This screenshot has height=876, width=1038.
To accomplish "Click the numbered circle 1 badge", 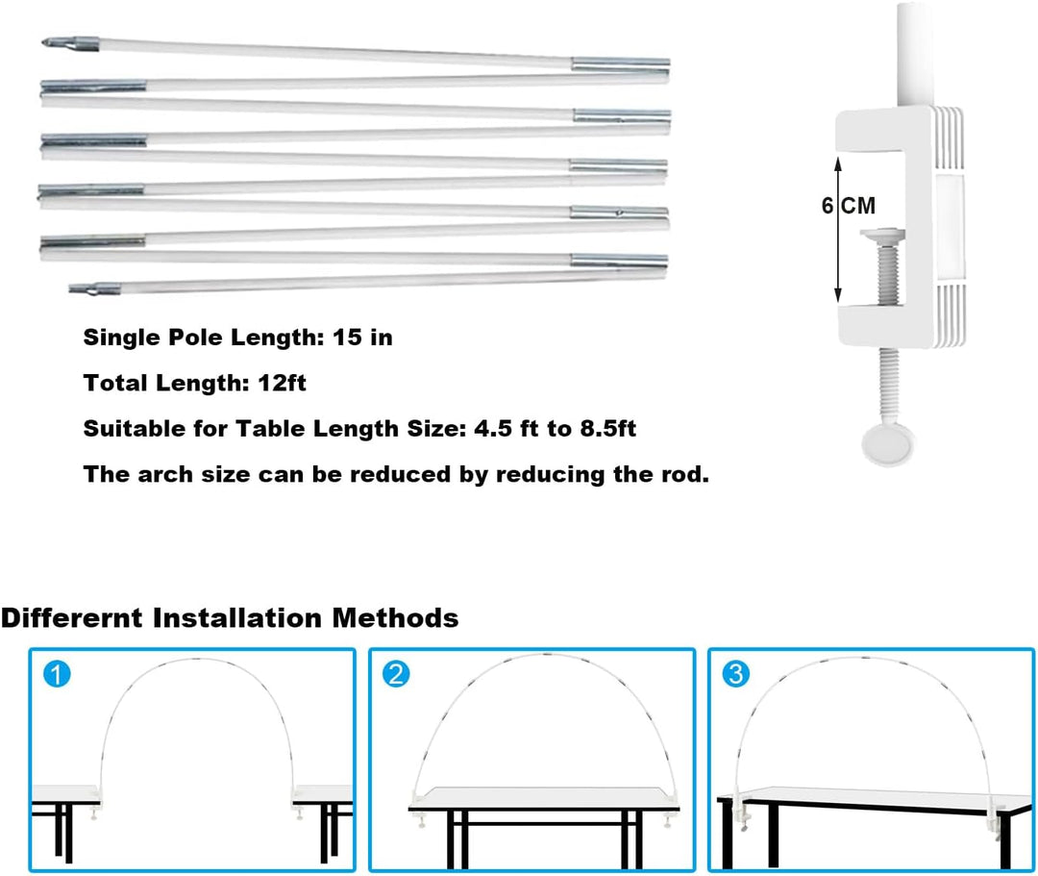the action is click(x=57, y=675).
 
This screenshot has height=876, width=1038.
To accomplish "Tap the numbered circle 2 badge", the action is click(x=396, y=674).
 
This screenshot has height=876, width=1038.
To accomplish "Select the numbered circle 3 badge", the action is click(x=735, y=674).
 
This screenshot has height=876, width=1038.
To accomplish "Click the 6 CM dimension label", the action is click(x=848, y=206).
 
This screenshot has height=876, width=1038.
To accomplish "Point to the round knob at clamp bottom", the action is click(x=887, y=444).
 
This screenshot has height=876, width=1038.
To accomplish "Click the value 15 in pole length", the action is click(x=348, y=337).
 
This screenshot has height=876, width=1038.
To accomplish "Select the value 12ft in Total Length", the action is click(x=282, y=383).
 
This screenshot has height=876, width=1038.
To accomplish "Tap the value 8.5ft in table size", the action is click(x=608, y=429).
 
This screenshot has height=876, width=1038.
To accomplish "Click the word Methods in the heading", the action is click(x=395, y=617).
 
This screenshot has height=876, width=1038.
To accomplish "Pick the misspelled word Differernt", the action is click(x=71, y=617).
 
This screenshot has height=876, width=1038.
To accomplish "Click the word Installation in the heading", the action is click(x=237, y=617).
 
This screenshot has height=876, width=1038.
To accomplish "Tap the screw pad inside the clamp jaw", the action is click(x=882, y=234).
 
